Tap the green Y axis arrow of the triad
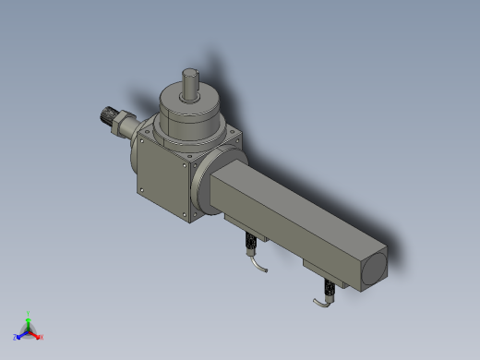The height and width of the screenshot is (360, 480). tap(29, 318)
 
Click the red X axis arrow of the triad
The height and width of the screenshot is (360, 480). tap(39, 336)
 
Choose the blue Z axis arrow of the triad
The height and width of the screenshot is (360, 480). tap(18, 336)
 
